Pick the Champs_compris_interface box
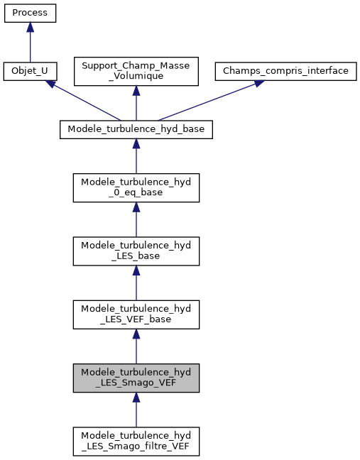[x=286, y=71]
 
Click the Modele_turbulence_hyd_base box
[x=136, y=129]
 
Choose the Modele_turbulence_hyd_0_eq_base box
[x=136, y=187]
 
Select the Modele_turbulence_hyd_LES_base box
[x=136, y=250]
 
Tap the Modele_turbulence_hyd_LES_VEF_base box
[x=136, y=314]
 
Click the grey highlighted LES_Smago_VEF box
[x=136, y=378]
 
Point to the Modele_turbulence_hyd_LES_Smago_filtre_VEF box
[x=136, y=442]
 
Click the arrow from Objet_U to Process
[x=30, y=43]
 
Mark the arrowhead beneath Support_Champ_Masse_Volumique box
[x=136, y=93]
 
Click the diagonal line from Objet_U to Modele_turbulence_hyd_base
[x=85, y=102]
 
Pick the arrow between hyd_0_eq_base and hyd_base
[x=136, y=155]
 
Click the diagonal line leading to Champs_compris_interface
[x=206, y=102]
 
